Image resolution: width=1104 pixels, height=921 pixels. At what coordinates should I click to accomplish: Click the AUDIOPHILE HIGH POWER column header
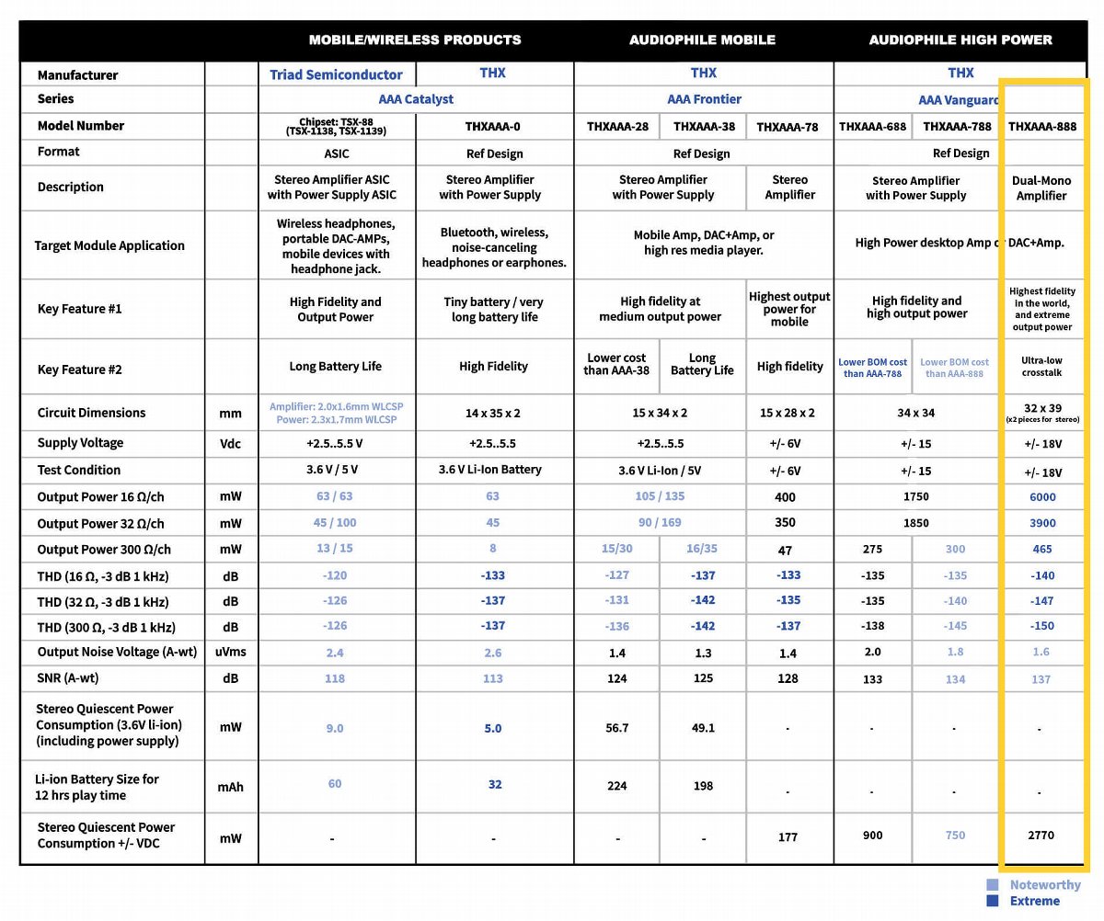click(960, 40)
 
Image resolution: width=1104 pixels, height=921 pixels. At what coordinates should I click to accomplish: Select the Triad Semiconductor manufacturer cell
click(336, 74)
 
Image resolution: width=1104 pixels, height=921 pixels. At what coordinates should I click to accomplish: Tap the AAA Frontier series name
click(704, 99)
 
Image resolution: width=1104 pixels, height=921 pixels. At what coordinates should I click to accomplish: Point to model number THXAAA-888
click(1041, 127)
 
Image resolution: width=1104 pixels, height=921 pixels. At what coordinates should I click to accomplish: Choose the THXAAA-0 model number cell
click(492, 127)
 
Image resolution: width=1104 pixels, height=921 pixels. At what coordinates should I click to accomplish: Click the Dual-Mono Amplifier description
click(1041, 188)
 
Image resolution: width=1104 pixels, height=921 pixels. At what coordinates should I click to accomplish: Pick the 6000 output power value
click(1042, 497)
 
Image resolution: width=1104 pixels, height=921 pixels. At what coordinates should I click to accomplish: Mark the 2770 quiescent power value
click(1041, 836)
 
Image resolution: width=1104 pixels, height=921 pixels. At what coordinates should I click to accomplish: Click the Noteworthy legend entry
click(1044, 885)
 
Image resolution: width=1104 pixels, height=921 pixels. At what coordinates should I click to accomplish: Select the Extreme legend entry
click(1034, 902)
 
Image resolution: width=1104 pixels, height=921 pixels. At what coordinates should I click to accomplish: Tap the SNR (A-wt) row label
click(68, 678)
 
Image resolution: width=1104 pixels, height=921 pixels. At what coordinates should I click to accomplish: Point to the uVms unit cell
click(231, 652)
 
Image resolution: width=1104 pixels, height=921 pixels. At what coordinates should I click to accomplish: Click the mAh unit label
click(231, 787)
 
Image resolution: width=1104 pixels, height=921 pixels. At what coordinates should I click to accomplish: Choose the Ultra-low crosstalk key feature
click(1041, 366)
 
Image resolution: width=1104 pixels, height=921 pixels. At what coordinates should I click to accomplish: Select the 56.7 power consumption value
click(617, 728)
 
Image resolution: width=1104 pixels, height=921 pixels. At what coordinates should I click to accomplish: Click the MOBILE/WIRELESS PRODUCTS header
click(415, 40)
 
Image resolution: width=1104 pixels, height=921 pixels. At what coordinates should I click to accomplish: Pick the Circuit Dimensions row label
click(91, 413)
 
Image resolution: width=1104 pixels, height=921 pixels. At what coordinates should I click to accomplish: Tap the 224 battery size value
click(617, 786)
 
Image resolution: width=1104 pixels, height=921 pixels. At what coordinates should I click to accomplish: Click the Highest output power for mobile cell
click(789, 309)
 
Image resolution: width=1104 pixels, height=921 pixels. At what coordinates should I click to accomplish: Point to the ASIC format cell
click(336, 153)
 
